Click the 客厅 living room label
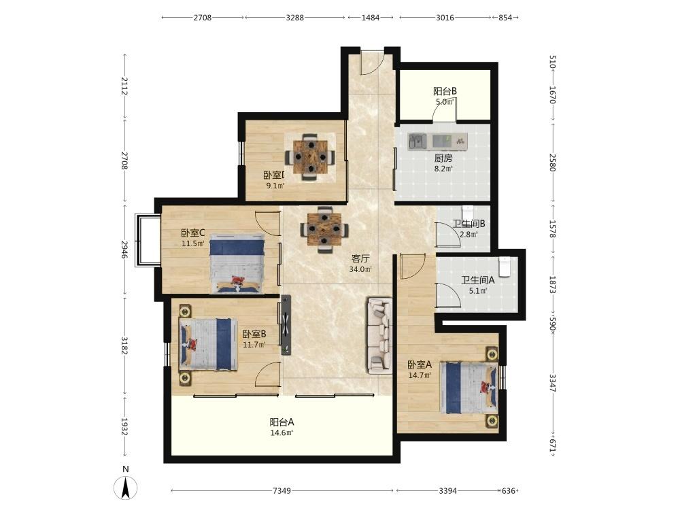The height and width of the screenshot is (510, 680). [x=360, y=259]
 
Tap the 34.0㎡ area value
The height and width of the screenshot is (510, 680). [x=360, y=269]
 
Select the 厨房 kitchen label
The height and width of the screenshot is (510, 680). [x=443, y=158]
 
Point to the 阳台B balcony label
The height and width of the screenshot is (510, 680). [x=445, y=92]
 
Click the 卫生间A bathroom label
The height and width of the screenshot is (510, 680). [x=477, y=280]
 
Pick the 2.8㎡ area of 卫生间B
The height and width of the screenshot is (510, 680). [x=469, y=235]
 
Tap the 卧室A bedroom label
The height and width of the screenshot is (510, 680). [x=420, y=364]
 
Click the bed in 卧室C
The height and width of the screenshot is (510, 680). [x=237, y=264]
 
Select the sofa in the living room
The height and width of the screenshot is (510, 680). [x=380, y=335]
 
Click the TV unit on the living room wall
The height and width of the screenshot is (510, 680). [x=286, y=325]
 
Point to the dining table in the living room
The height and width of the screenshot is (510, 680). [x=324, y=229]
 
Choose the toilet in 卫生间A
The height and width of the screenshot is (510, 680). [x=504, y=267]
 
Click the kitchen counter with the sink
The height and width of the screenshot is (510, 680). [x=437, y=141]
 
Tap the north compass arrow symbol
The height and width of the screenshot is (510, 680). [x=125, y=488]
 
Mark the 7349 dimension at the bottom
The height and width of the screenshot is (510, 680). [x=282, y=491]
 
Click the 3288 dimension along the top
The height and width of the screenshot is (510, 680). [x=295, y=18]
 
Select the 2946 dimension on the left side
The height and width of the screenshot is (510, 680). [x=124, y=250]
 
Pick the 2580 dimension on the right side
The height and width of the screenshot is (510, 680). [x=552, y=163]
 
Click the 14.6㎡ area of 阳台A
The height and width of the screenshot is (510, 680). [x=282, y=432]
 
